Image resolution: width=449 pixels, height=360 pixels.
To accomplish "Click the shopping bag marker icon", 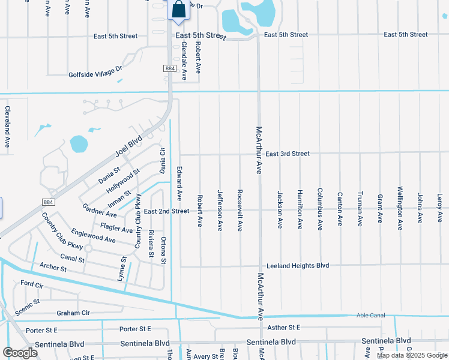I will pos(179,10).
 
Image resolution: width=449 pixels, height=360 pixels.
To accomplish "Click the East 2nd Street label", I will pos(166,211).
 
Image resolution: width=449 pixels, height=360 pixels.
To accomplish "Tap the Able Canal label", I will pos(364,315).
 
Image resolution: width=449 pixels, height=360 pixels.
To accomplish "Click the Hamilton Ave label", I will pos(300,209).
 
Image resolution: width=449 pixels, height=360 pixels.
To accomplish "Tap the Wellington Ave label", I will pos(400,209).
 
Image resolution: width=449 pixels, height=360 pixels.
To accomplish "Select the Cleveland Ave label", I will pos(8,127).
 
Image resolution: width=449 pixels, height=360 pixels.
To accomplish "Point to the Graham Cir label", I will pos(73,313).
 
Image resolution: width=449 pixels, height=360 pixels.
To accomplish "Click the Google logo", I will pos(20,352).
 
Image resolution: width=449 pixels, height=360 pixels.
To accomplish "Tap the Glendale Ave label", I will pos(184,61).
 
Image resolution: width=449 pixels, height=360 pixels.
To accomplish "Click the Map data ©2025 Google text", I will pos(411,355).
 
